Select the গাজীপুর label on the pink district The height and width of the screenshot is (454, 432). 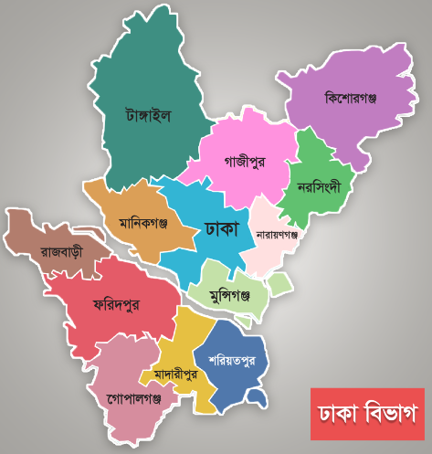click(244, 161)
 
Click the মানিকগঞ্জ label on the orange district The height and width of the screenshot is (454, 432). click(144, 222)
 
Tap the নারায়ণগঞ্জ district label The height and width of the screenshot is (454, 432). click(278, 234)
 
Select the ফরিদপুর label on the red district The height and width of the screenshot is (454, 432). click(115, 304)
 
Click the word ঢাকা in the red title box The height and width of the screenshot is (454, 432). click(337, 413)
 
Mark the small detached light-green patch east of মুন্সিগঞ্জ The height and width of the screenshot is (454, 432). click(279, 286)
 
